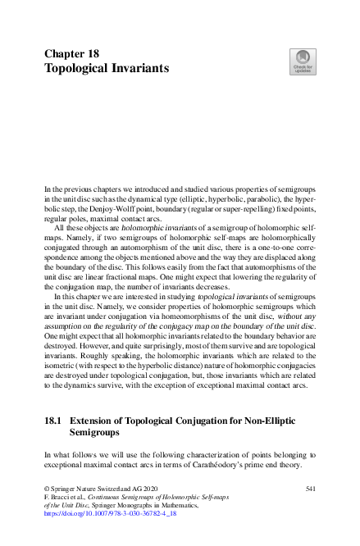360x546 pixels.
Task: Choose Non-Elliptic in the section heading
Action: (263, 420)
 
